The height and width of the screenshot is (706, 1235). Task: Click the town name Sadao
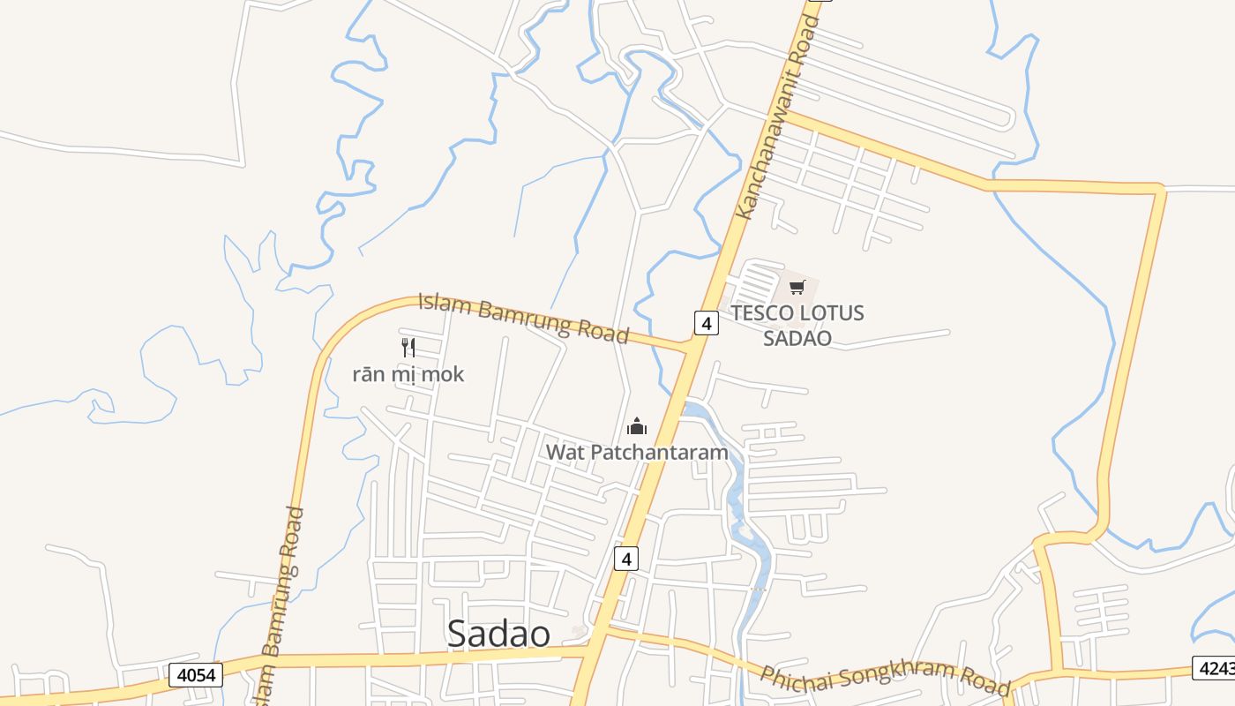498,634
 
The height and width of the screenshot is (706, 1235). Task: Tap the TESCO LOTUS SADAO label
797,325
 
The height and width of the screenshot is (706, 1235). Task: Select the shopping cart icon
797,287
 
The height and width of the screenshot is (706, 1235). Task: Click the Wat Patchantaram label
637,453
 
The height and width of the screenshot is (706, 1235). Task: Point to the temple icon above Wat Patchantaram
637,427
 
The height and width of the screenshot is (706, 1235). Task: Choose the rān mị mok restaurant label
408,374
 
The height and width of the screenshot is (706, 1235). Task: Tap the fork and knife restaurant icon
408,347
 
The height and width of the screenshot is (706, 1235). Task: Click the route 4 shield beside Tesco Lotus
706,323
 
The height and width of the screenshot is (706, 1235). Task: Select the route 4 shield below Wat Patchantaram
625,559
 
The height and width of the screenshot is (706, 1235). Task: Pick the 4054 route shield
196,675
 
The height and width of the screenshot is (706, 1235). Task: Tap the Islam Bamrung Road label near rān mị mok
523,318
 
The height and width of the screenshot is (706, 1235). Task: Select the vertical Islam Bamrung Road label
281,605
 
